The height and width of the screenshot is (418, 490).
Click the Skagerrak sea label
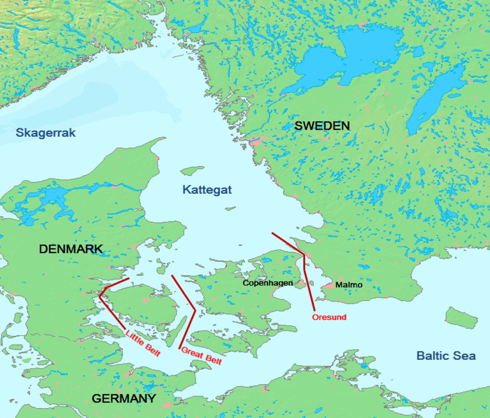(46, 133)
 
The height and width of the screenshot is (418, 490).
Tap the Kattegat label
(207, 190)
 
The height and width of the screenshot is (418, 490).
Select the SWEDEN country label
(322, 126)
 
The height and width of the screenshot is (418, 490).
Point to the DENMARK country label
(71, 249)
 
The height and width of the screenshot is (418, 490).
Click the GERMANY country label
(124, 399)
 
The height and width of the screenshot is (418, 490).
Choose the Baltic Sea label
(446, 356)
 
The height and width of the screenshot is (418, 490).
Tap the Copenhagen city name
(268, 282)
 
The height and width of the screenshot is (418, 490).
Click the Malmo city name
(349, 285)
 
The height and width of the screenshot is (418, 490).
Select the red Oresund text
(328, 317)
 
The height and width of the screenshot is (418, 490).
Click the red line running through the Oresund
(306, 278)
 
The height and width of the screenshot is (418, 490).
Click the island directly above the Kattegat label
(192, 170)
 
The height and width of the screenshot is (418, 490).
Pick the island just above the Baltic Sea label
(461, 317)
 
